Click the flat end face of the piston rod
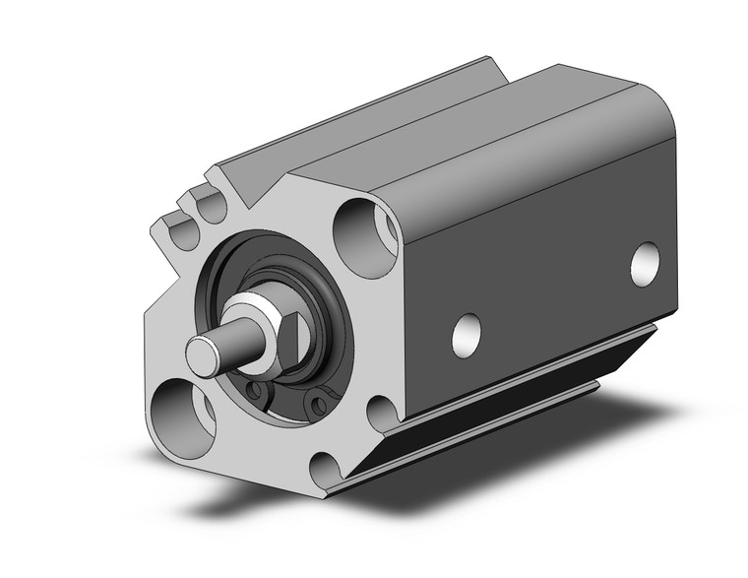click(x=203, y=355)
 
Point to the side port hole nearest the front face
click(x=467, y=335)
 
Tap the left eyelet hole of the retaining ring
click(x=257, y=394)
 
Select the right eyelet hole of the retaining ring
click(x=315, y=402)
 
